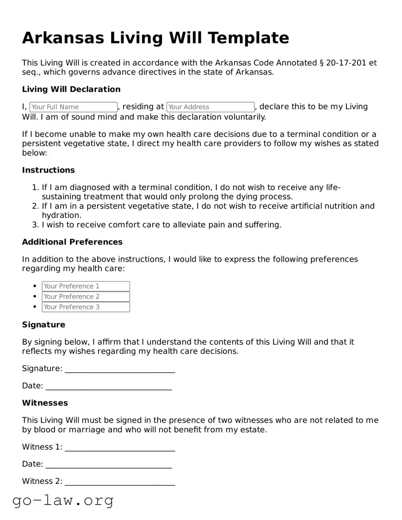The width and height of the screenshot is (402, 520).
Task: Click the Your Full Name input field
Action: pyautogui.click(x=74, y=107)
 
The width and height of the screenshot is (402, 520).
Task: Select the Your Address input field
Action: pyautogui.click(x=210, y=107)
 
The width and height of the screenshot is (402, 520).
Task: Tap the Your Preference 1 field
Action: pyautogui.click(x=86, y=286)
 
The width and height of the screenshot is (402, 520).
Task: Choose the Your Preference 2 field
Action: pyautogui.click(x=86, y=297)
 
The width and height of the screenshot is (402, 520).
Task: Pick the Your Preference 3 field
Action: pyautogui.click(x=86, y=307)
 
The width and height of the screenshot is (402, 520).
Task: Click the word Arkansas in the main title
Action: pyautogui.click(x=63, y=37)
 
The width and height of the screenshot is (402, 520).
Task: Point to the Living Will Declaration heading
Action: pyautogui.click(x=71, y=89)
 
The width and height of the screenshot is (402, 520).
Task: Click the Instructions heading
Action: pyautogui.click(x=48, y=170)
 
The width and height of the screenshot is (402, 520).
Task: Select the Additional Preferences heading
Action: pyautogui.click(x=72, y=242)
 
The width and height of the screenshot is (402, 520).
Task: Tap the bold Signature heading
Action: pyautogui.click(x=43, y=325)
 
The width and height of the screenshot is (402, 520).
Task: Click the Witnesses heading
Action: pyautogui.click(x=45, y=403)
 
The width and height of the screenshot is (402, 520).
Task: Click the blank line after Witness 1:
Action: pyautogui.click(x=120, y=448)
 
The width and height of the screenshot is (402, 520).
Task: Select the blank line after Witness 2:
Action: pyautogui.click(x=120, y=482)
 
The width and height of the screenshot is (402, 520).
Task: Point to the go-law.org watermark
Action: pyautogui.click(x=63, y=500)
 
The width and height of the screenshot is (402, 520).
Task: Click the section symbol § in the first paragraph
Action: pyautogui.click(x=322, y=63)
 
